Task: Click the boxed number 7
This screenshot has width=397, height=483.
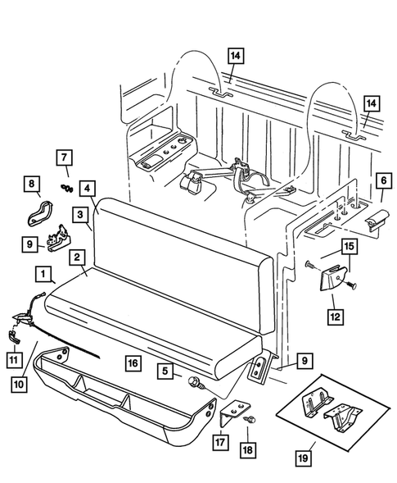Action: click(x=64, y=157)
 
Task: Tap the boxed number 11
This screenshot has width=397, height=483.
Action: click(x=15, y=358)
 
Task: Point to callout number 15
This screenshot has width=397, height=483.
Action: click(x=346, y=247)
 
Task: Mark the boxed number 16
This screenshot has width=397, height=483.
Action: click(x=131, y=360)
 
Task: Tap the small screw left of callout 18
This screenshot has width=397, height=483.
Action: click(x=250, y=420)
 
